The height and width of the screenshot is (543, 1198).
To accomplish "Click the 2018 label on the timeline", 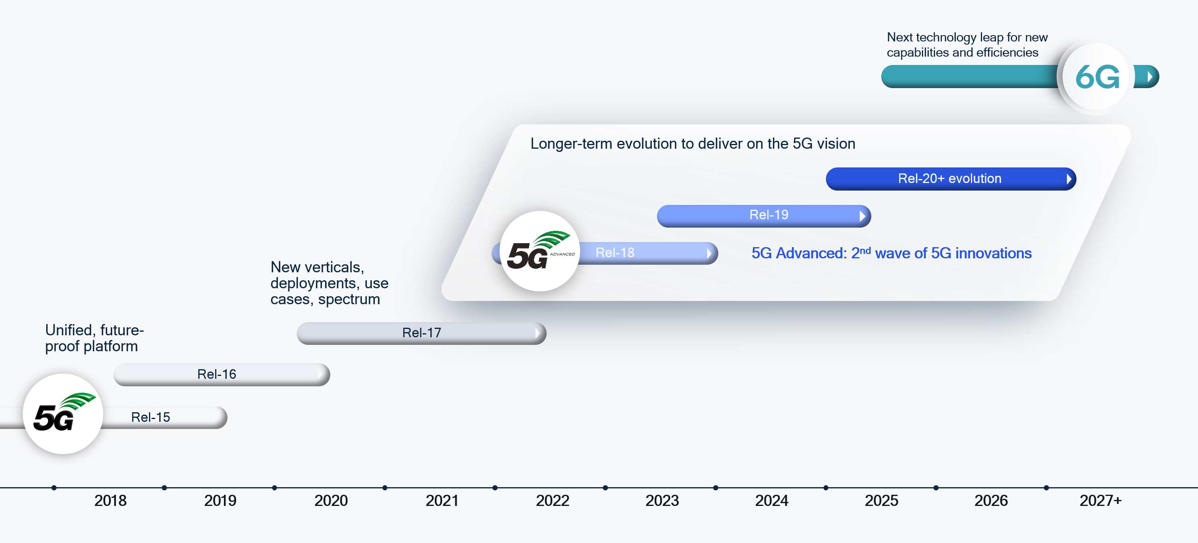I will (x=110, y=501).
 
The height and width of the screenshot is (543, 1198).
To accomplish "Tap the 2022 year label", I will (x=552, y=501).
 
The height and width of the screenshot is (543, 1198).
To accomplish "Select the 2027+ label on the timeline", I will (x=1100, y=501).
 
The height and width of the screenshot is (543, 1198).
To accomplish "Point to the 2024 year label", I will (x=772, y=501).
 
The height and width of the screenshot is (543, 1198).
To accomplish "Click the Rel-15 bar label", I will (x=150, y=417).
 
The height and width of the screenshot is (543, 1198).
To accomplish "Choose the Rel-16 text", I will (x=216, y=374).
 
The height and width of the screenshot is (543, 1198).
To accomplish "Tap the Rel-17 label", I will (x=422, y=332).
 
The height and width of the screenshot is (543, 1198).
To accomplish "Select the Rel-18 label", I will (x=614, y=253).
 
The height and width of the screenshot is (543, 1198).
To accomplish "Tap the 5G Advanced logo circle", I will (x=539, y=251).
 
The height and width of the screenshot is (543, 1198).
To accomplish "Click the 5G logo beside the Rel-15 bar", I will (x=63, y=414).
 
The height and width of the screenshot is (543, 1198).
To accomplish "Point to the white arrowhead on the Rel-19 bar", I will (x=862, y=216).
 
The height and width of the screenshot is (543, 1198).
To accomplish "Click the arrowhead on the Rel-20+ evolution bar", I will (x=1069, y=179).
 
